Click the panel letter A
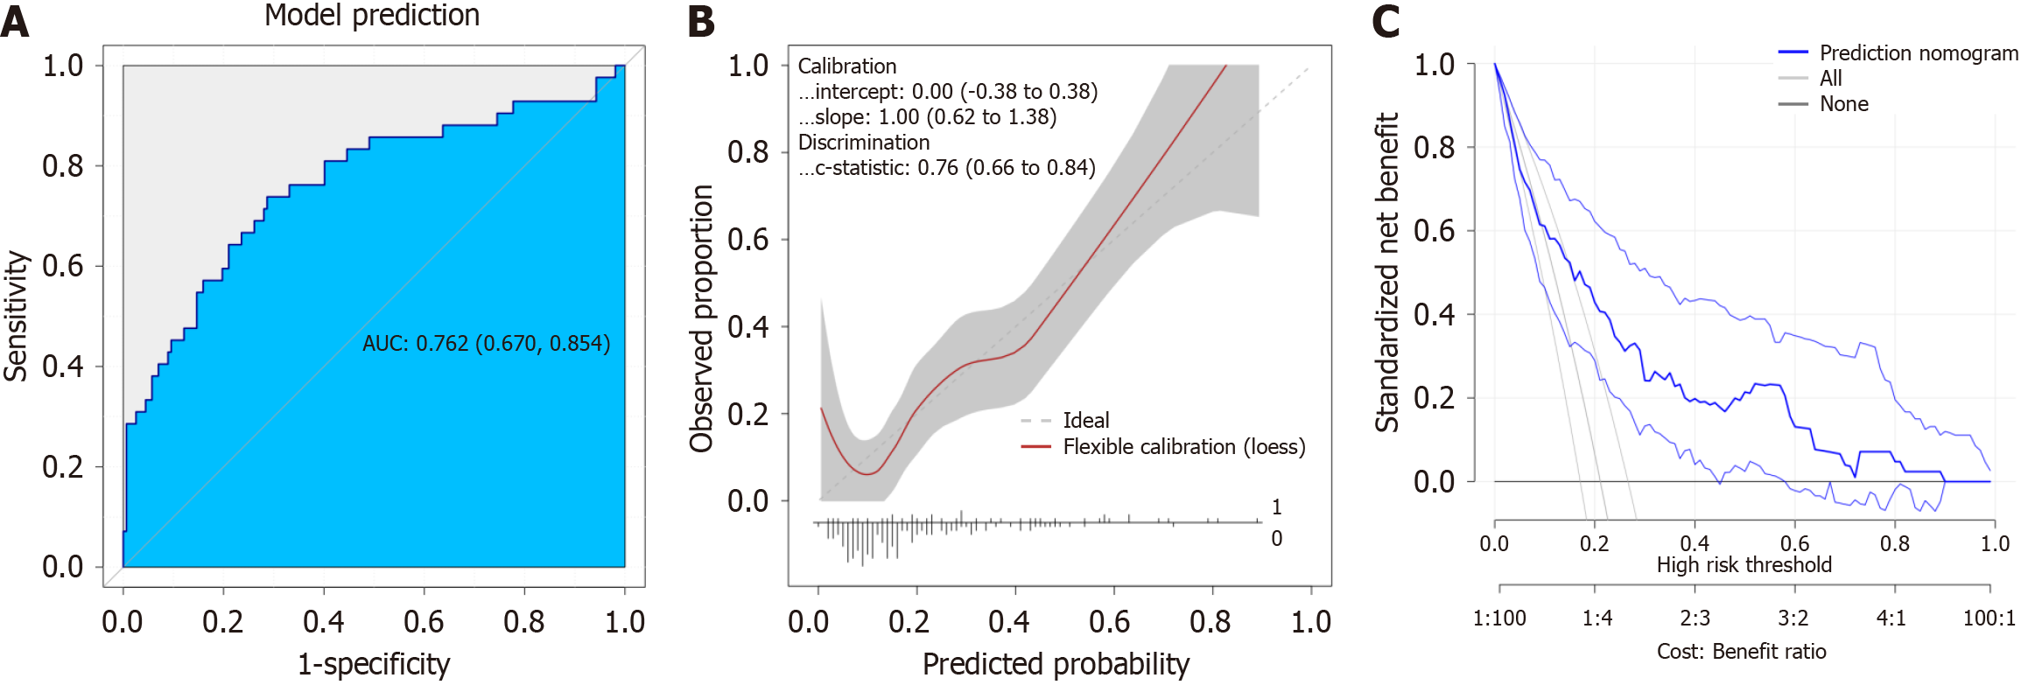click(15, 22)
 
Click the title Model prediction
click(372, 16)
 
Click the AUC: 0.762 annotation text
click(486, 343)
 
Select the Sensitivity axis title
click(17, 316)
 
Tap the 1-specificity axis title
click(374, 664)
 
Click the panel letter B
click(701, 22)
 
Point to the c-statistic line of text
click(946, 167)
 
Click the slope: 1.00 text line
click(927, 116)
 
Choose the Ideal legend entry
click(1085, 420)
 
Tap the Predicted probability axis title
click(1056, 664)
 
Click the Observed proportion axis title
click(702, 318)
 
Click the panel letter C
click(1386, 22)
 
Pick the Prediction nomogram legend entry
click(1918, 53)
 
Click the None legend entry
click(1843, 104)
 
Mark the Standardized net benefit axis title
click(1387, 272)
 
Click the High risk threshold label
click(1744, 565)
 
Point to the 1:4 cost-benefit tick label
click(1597, 619)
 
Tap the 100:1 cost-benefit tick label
click(1989, 619)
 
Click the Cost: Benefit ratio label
click(1741, 652)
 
